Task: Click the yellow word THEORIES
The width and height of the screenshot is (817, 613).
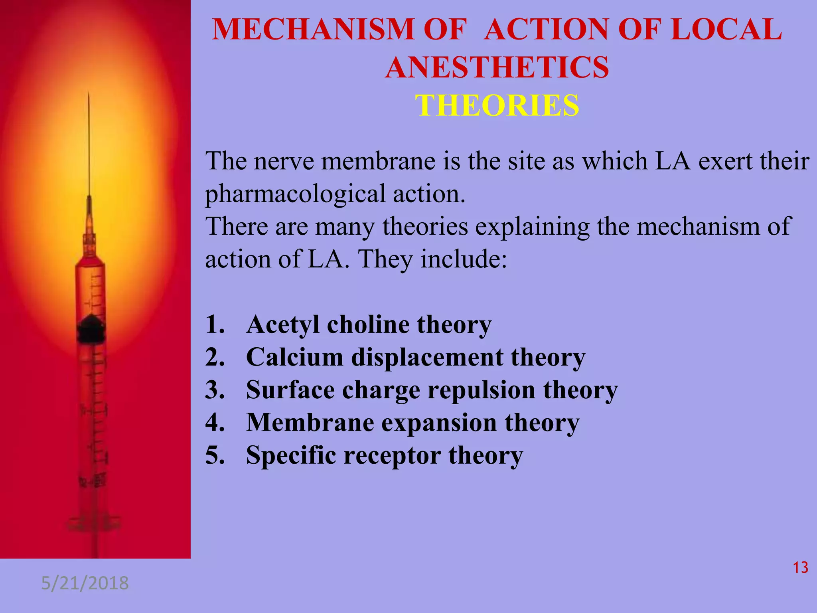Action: coord(497,105)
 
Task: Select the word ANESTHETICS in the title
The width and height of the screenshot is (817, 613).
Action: coord(497,67)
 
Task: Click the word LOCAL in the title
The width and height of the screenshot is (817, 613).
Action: coord(726,30)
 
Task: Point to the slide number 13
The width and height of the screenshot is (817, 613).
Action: coord(800,568)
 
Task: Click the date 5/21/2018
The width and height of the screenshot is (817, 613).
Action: coord(85,583)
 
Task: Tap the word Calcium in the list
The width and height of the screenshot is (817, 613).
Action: coord(294,357)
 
